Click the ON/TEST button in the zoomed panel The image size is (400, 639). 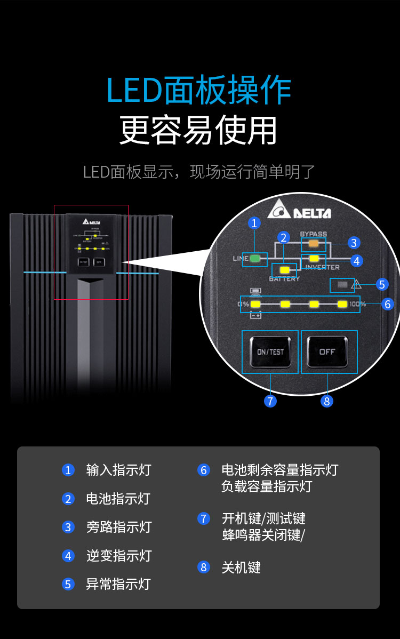[270, 352]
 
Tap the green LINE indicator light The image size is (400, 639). [255, 259]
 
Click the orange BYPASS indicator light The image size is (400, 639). [314, 243]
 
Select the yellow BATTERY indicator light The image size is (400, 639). [284, 270]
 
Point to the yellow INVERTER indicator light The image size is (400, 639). [314, 259]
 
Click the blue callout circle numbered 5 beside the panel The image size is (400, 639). [382, 284]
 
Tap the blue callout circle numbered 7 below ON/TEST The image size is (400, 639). [270, 401]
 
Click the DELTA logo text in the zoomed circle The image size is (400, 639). [312, 213]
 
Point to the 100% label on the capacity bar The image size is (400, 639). [358, 305]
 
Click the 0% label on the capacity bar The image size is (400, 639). [244, 305]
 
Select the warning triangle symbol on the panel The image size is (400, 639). [356, 285]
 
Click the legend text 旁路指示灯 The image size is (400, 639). [119, 527]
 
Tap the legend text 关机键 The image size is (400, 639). [241, 567]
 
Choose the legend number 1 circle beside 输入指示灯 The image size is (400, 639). [68, 470]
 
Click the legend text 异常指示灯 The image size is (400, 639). [118, 584]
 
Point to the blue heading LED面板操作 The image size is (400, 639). [199, 91]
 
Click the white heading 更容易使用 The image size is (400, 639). [198, 130]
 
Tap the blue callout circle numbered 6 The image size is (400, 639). [388, 304]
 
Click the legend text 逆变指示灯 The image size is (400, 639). [119, 556]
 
